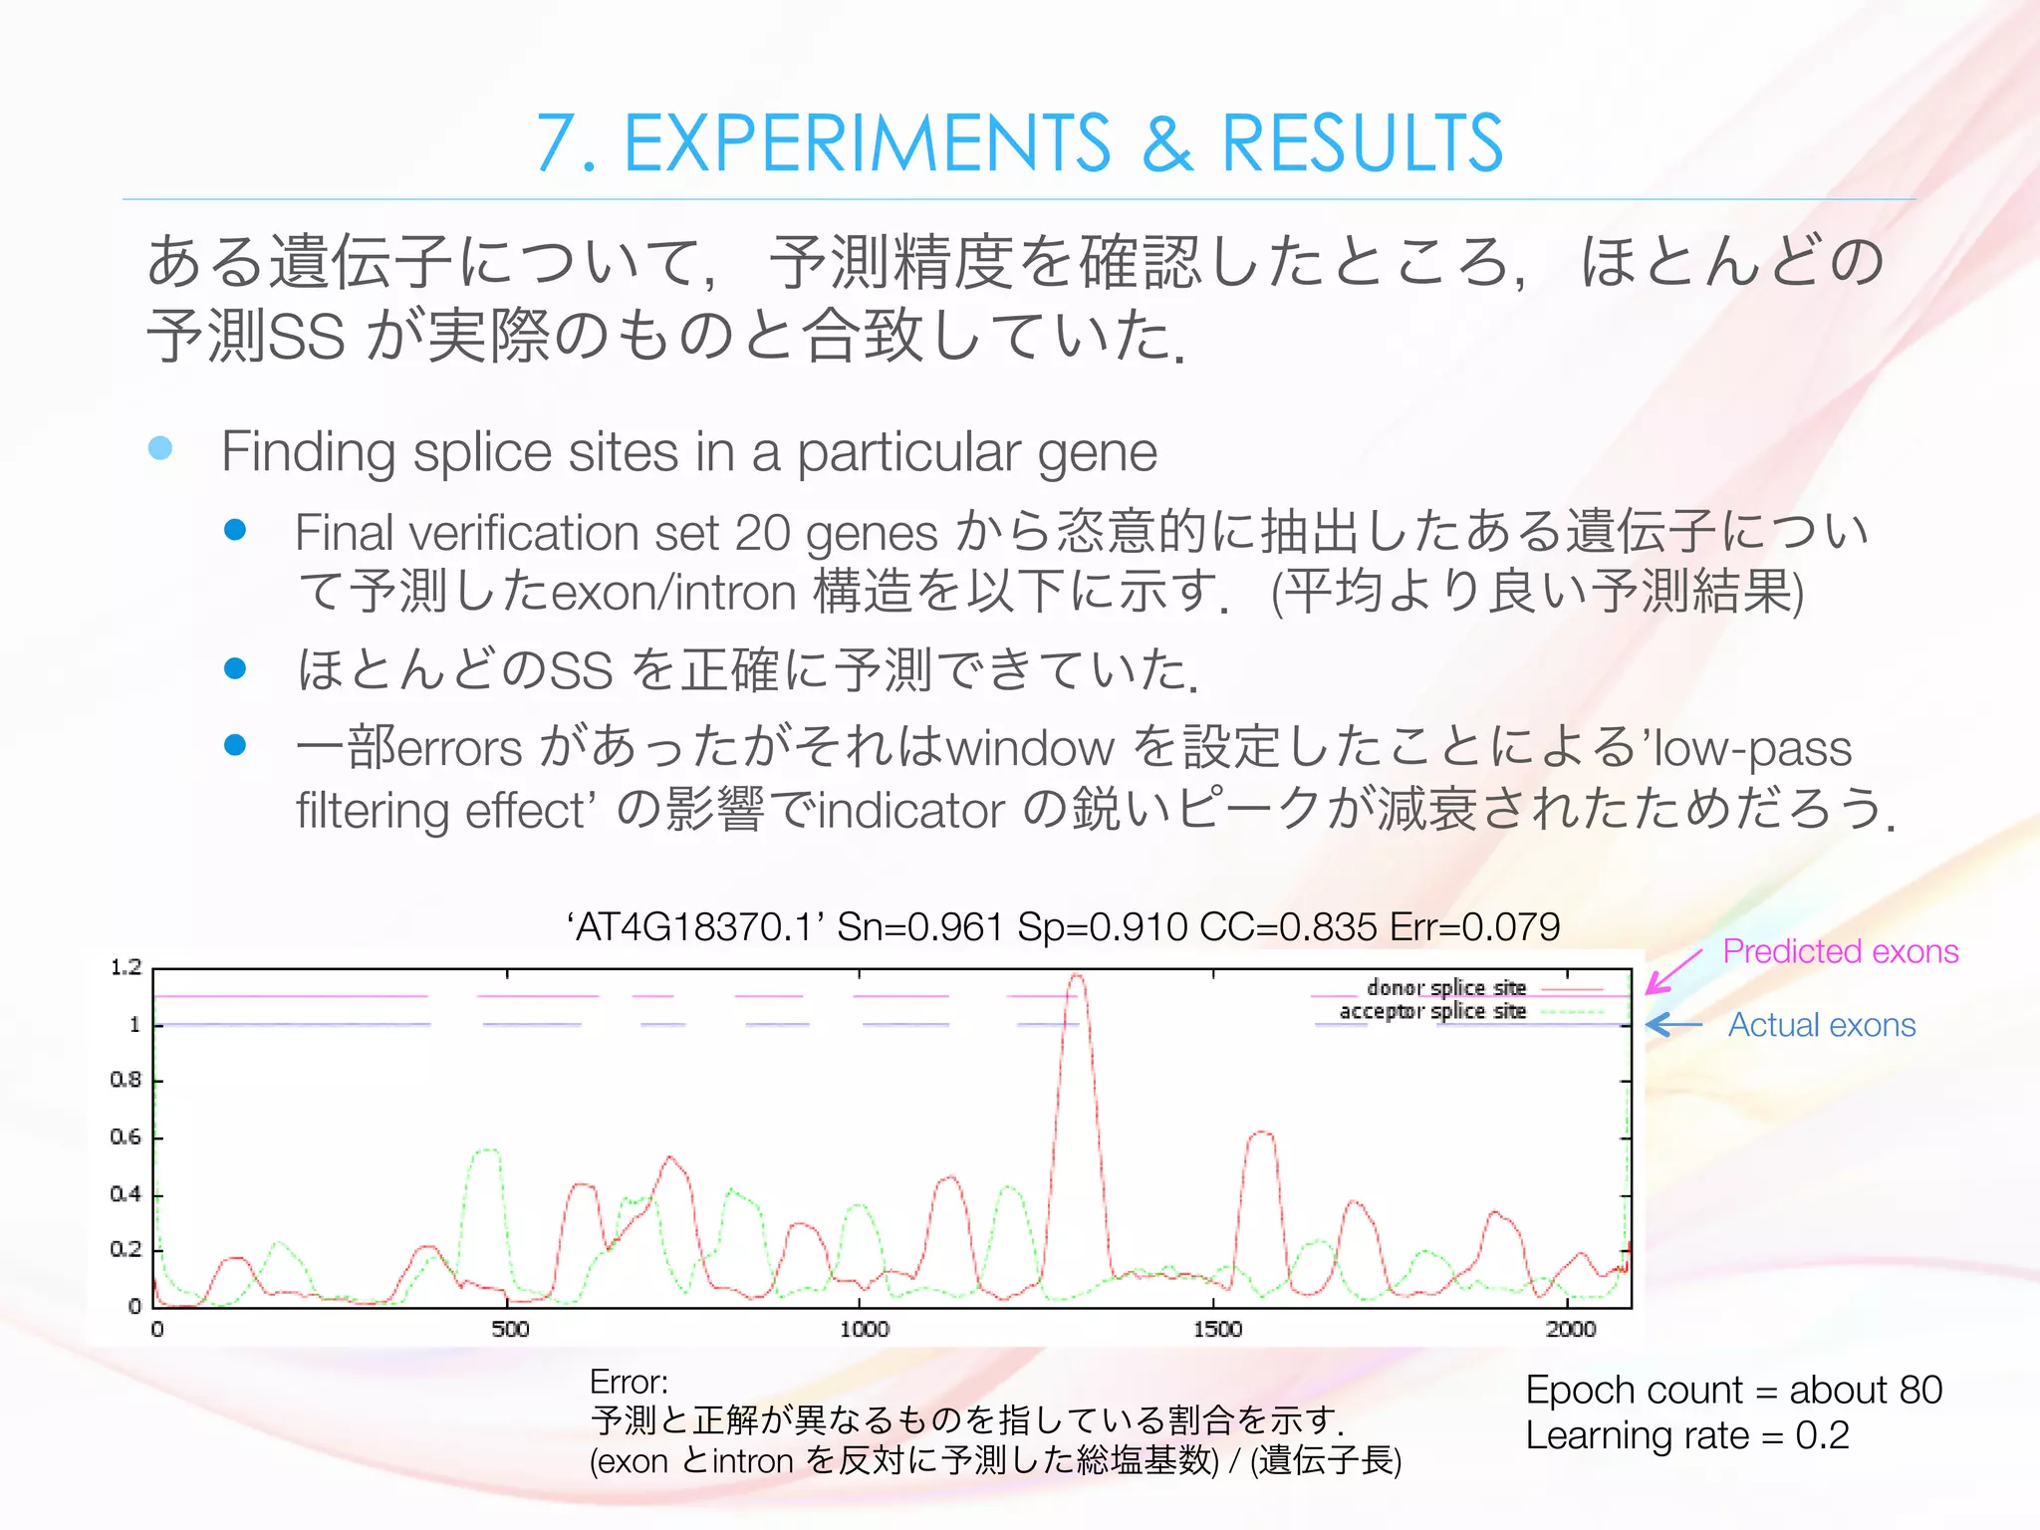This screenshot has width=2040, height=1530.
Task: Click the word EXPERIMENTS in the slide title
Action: tap(867, 143)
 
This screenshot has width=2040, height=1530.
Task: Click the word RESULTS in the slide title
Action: tap(1362, 143)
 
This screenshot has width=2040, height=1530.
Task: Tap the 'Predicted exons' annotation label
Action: tap(1840, 951)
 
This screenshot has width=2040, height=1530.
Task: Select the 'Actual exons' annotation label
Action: tap(1821, 1025)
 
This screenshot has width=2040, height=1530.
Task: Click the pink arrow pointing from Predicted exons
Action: tap(1673, 971)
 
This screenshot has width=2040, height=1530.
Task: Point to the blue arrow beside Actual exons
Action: tap(1674, 1024)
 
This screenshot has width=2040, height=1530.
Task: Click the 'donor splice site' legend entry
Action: tap(1446, 987)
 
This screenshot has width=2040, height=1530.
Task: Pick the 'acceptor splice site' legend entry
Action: tap(1432, 1011)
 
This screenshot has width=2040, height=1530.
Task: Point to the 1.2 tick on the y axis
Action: tap(127, 967)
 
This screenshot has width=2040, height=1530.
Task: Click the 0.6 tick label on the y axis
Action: tap(127, 1137)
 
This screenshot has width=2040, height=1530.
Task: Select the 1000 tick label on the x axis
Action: tap(864, 1329)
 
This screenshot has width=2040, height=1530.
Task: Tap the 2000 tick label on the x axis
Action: tap(1571, 1329)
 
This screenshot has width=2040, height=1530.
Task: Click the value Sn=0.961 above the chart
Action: tap(919, 927)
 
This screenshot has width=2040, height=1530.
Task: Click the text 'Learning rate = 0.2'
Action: tap(1686, 1434)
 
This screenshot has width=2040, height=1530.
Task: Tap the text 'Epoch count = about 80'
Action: tap(1733, 1390)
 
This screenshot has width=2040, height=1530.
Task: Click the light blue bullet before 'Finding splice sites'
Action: tap(160, 448)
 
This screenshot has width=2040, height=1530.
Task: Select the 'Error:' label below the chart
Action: tap(629, 1382)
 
